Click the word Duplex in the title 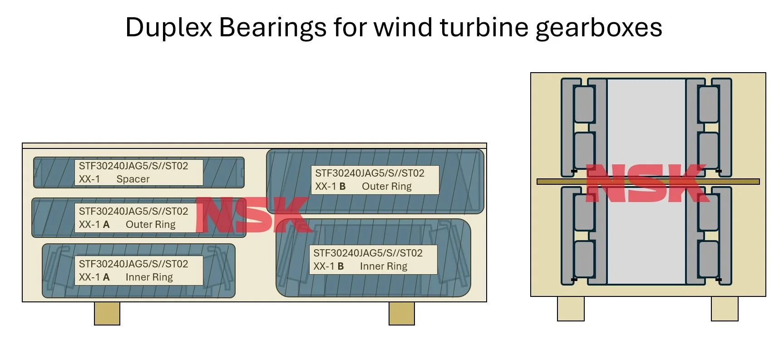168,27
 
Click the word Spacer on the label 133,179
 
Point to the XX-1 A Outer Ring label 138,218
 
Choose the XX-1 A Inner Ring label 138,271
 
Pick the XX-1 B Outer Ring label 375,180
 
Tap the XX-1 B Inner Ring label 373,260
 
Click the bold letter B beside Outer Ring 342,187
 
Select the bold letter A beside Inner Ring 106,277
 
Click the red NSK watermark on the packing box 252,215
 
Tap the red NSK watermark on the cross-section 647,183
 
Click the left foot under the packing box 107,314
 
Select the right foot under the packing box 401,314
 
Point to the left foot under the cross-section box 571,309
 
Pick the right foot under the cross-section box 725,309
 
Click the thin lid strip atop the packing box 254,146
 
